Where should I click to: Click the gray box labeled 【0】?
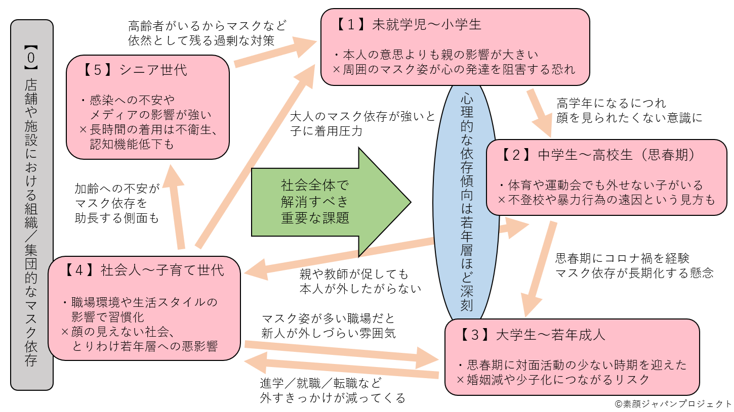[31, 205]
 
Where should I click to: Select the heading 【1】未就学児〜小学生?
[409, 24]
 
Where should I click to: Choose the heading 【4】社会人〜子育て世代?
[144, 269]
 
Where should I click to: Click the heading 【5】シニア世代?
[134, 70]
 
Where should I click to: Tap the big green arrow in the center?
[329, 202]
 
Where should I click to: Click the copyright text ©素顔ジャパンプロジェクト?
[673, 404]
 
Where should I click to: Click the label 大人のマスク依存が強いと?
[362, 116]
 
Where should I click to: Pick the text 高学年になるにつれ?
[611, 104]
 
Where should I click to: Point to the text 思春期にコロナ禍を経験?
[622, 258]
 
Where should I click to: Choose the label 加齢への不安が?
[116, 189]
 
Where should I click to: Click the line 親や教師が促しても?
[353, 274]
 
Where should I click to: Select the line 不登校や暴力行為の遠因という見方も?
[606, 200]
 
